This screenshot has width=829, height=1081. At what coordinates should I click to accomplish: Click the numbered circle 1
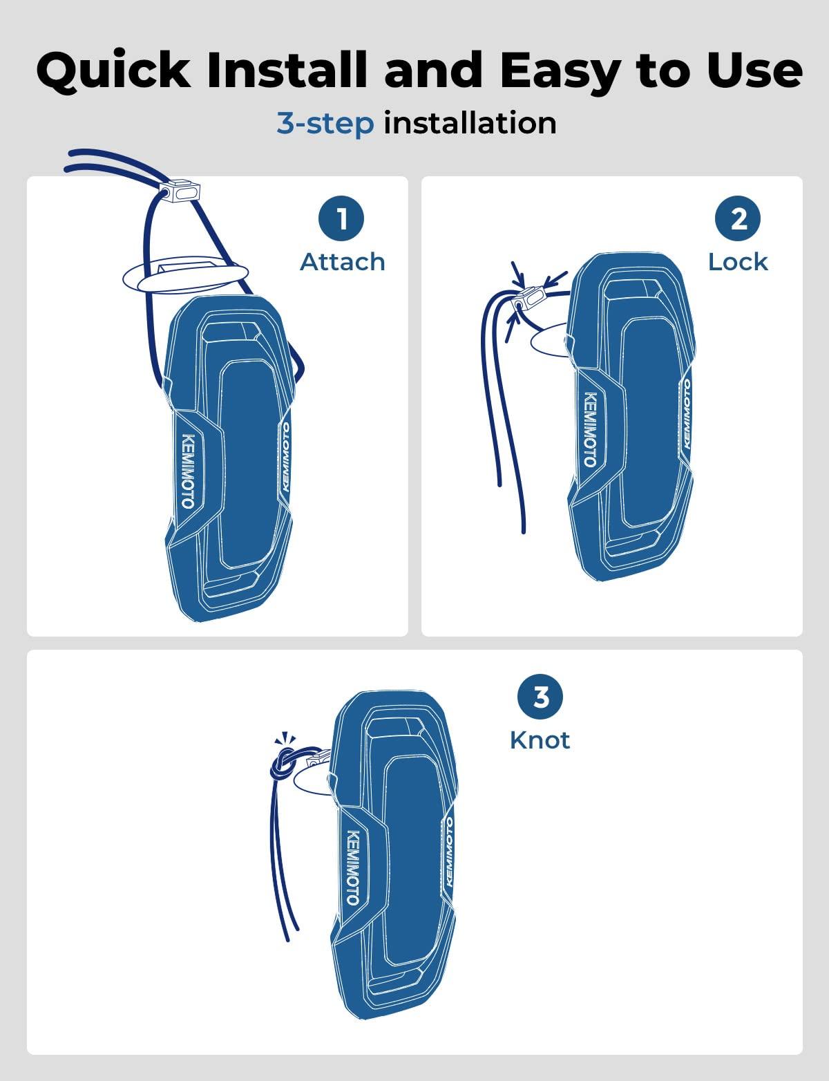coord(341,218)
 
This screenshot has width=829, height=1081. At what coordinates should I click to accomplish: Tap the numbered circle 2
coord(738,218)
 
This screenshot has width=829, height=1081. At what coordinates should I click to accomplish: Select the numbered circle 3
coord(540,697)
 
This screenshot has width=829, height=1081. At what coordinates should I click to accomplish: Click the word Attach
coord(343,262)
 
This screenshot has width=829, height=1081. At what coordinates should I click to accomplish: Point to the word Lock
coord(738,262)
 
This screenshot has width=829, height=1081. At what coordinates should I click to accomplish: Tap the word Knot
coord(540,740)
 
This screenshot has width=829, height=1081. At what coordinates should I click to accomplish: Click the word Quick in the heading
coord(113,70)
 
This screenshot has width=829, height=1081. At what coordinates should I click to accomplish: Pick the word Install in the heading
coord(287,70)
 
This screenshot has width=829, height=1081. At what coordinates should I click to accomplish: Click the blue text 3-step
coord(325,124)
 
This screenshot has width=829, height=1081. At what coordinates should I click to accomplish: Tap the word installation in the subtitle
coord(470,122)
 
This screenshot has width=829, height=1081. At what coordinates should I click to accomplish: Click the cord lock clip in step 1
coord(180,192)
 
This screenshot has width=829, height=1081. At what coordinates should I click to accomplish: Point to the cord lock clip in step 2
coord(528,299)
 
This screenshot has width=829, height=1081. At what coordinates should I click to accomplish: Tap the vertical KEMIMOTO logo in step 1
coord(189,471)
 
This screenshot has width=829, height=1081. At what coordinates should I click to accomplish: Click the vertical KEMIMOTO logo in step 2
coord(590,430)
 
